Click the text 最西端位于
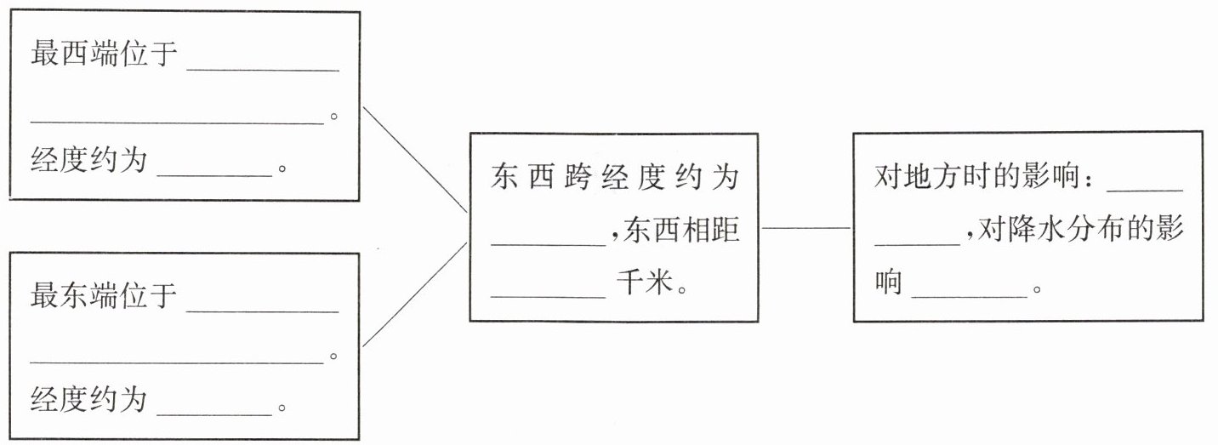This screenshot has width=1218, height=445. tap(104, 55)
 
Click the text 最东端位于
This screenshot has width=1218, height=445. tap(104, 296)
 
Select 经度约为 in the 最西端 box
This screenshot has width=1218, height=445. tap(89, 160)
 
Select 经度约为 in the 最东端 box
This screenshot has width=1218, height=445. tap(89, 399)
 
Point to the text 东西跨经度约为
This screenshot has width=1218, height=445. tap(615, 179)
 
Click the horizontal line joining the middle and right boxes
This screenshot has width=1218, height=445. tap(805, 228)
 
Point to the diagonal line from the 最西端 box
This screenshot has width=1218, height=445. tap(415, 159)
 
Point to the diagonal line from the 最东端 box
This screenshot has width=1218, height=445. tap(415, 294)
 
